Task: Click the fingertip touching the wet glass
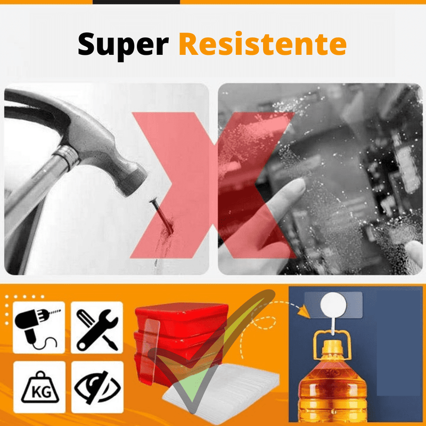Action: tap(298, 186)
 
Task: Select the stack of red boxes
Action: tap(176, 330)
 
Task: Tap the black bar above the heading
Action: tap(136, 2)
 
